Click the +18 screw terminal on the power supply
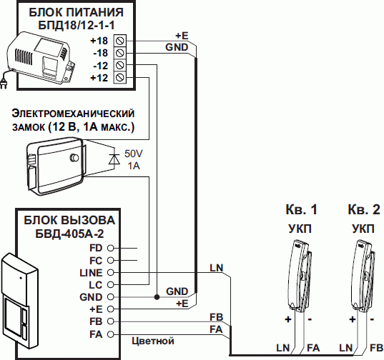click(x=119, y=41)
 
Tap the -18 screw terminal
click(x=119, y=53)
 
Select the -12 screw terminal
click(x=119, y=65)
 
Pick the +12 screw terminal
click(x=119, y=77)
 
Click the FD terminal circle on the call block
click(x=111, y=248)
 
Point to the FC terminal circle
click(x=111, y=260)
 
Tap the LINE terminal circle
click(x=111, y=272)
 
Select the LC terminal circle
click(x=111, y=285)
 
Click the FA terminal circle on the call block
click(x=111, y=334)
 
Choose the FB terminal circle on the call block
click(x=111, y=321)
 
